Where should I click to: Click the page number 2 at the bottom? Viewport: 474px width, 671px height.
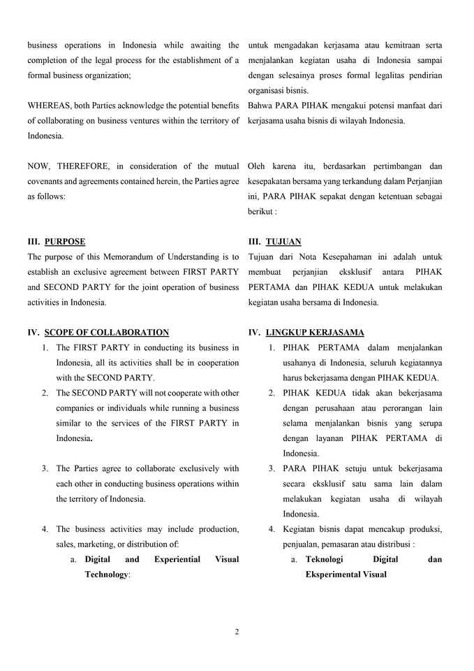tap(237, 632)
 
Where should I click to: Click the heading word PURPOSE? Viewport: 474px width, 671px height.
tap(65, 242)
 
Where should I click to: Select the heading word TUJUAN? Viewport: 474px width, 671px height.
tap(283, 242)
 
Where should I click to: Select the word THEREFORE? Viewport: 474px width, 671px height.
tap(82, 166)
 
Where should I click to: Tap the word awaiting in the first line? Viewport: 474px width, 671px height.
tap(204, 45)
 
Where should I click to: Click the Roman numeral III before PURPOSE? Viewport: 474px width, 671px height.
tap(34, 242)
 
